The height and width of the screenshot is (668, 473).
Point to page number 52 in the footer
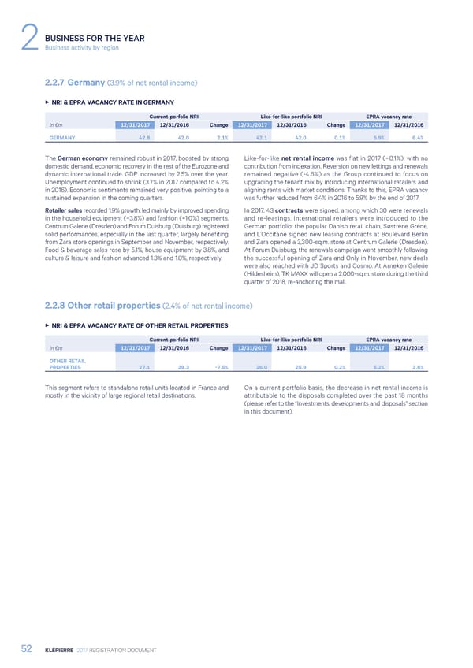(x=30, y=648)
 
